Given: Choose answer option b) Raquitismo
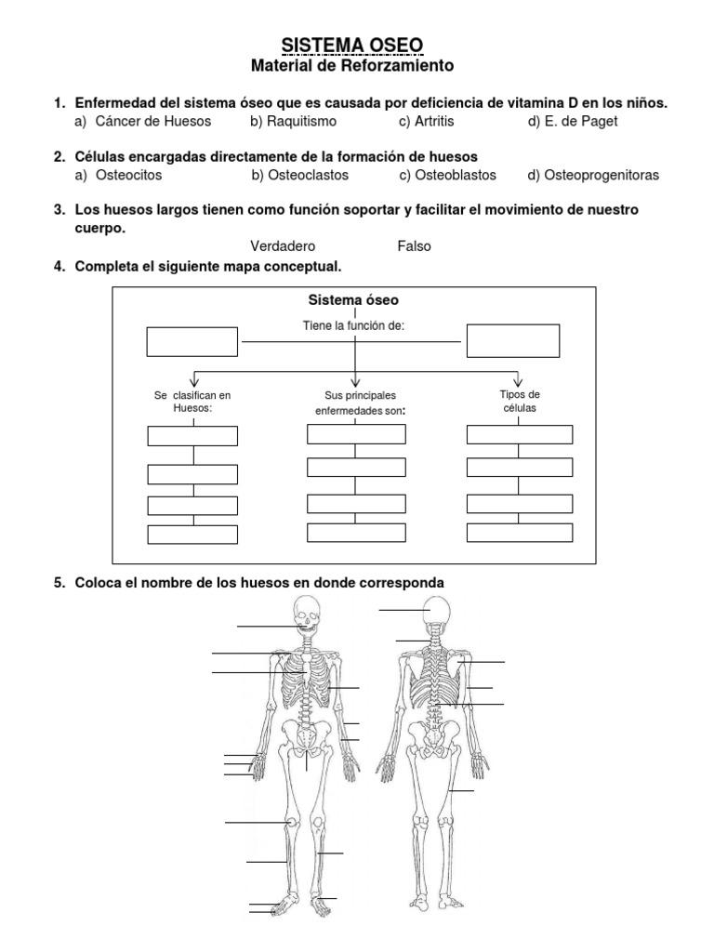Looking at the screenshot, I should coord(293,121).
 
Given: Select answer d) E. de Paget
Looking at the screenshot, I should coord(573,121).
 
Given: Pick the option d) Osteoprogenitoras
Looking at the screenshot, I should coord(593,175).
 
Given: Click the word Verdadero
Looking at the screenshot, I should coord(283,246).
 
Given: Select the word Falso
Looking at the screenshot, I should coord(414,246).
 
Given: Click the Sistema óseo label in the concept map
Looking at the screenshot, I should coord(353,300).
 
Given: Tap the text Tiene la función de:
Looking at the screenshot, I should coord(353,324).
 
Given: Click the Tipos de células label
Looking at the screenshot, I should coord(520,402).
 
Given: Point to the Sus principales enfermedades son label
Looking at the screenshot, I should coord(356,403).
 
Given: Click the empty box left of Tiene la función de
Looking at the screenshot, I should coord(192,341).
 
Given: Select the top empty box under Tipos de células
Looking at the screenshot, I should coord(520,434).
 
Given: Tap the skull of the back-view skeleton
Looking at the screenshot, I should coord(438,614).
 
